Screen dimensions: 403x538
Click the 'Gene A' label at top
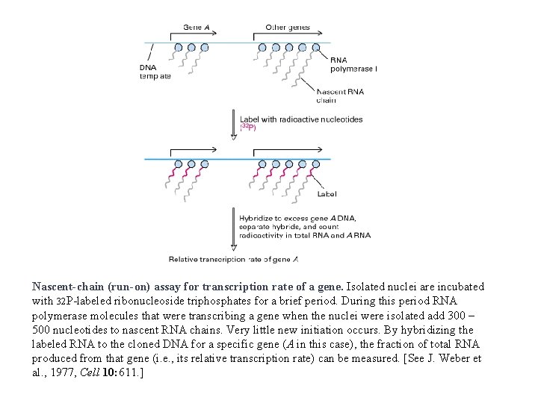tap(198, 28)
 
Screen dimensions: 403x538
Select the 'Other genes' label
tap(288, 28)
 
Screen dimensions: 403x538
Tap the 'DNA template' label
tap(155, 72)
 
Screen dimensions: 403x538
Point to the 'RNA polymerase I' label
tap(353, 64)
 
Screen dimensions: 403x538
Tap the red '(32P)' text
tap(248, 128)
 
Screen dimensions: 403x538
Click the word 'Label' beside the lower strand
tap(327, 194)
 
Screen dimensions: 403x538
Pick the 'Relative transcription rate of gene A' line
tap(233, 259)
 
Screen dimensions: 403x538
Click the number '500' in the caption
tap(43, 329)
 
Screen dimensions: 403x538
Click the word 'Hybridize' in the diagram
tap(258, 218)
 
